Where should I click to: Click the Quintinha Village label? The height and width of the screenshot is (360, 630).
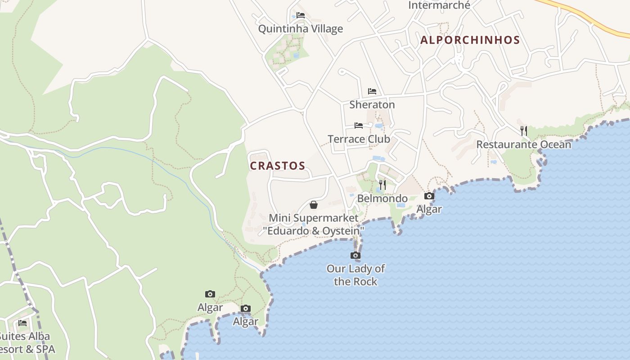(x=300, y=29)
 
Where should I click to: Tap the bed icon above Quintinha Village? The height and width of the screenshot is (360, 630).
(x=301, y=15)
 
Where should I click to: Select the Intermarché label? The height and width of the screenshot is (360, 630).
(x=439, y=5)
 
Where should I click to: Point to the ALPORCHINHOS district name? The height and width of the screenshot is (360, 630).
(x=470, y=40)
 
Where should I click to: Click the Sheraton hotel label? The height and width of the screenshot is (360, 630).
(x=372, y=104)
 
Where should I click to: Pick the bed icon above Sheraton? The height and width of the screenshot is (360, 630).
(x=372, y=91)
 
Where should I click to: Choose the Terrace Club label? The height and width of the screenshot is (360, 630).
(x=359, y=139)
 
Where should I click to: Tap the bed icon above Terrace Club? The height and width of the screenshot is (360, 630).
(x=359, y=125)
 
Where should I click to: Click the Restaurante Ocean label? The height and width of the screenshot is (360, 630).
(x=523, y=144)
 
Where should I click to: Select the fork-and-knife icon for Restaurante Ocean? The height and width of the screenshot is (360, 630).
(x=524, y=130)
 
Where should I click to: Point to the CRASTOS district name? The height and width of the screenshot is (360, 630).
(x=278, y=166)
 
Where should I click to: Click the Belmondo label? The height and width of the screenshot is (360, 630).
(x=382, y=198)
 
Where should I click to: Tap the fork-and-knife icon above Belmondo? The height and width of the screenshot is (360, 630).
(x=382, y=184)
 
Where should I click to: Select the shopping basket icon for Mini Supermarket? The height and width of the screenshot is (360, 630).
(x=314, y=205)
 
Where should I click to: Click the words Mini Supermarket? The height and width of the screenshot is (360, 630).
(x=314, y=218)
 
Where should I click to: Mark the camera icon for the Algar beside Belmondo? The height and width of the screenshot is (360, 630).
(x=429, y=196)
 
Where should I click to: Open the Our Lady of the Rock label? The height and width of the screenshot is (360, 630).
(x=355, y=275)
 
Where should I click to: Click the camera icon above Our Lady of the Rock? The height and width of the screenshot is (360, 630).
(x=355, y=256)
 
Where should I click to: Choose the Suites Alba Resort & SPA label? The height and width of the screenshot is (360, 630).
(x=25, y=342)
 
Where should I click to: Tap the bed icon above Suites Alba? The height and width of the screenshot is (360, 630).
(x=22, y=323)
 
